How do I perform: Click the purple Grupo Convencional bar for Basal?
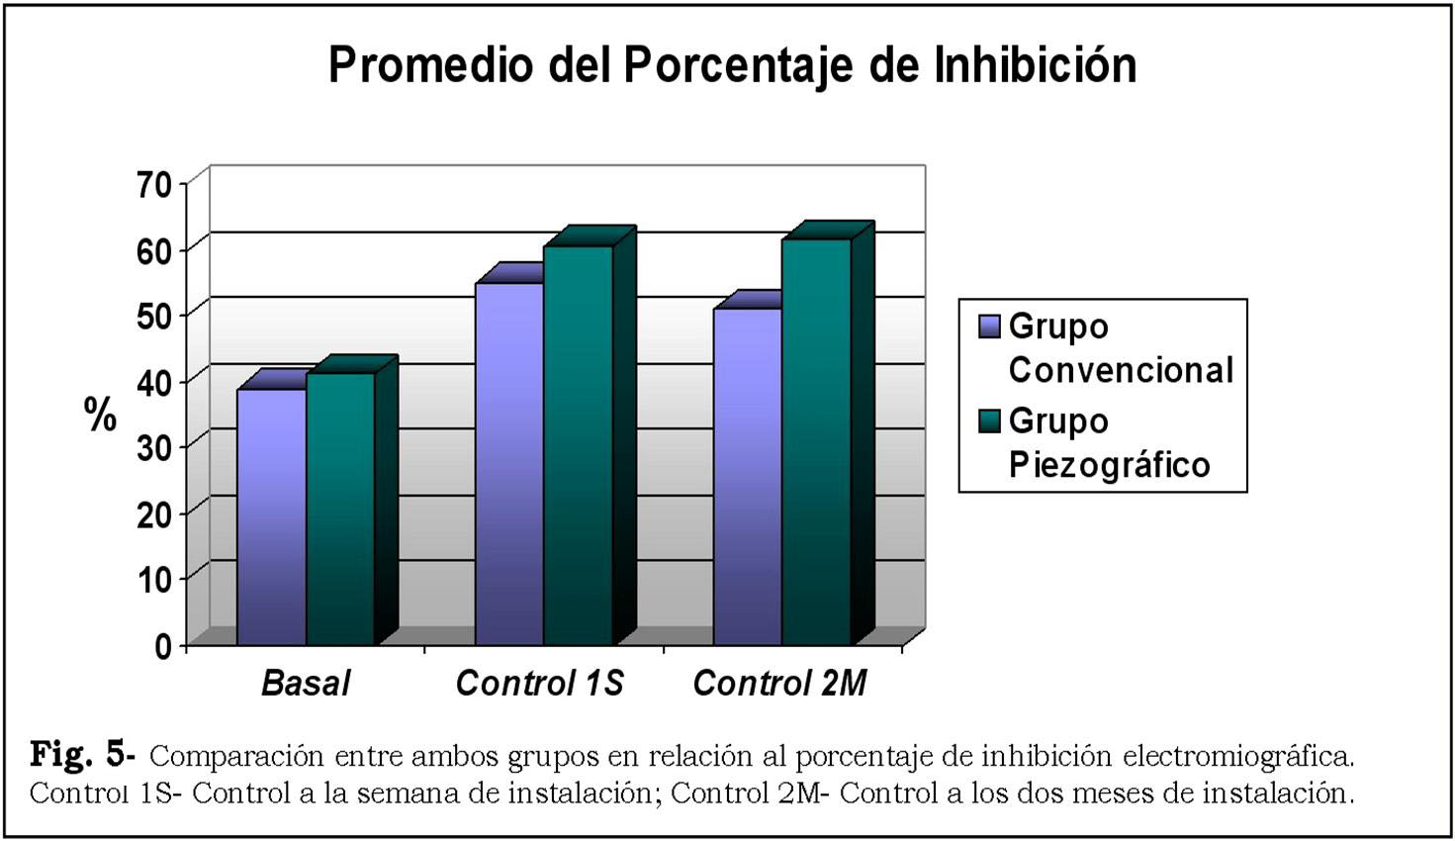point(271,516)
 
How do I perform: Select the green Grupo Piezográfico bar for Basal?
point(340,509)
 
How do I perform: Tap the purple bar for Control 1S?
point(509,463)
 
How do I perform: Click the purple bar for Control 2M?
point(747,477)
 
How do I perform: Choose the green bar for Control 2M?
point(816,441)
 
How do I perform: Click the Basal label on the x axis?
point(306,684)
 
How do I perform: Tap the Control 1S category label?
point(539,684)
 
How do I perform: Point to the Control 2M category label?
point(779,684)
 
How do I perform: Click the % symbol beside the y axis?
point(101,415)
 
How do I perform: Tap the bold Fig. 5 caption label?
point(82,755)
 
